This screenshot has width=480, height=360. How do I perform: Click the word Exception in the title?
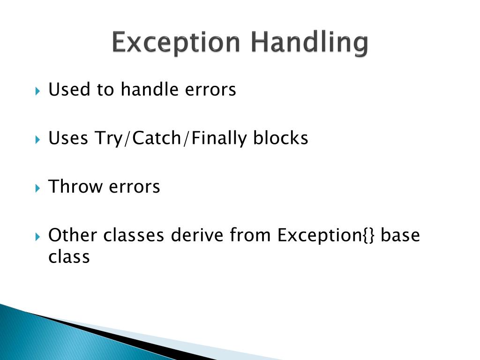tap(176, 43)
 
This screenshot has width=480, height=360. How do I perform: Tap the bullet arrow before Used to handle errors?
tap(38, 90)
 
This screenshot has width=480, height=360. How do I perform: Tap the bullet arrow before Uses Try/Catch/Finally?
tap(38, 139)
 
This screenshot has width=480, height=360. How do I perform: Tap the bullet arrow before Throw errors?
tap(38, 187)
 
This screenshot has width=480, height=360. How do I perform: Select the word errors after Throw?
tap(135, 187)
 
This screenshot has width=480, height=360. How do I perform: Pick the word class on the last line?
tap(69, 256)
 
